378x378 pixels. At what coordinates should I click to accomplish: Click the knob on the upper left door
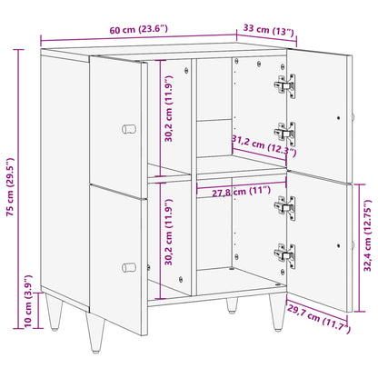pyautogui.click(x=128, y=123)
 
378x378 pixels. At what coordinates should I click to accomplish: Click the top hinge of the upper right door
pyautogui.click(x=284, y=86)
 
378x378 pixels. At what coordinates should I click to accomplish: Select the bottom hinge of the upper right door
pyautogui.click(x=285, y=134)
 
